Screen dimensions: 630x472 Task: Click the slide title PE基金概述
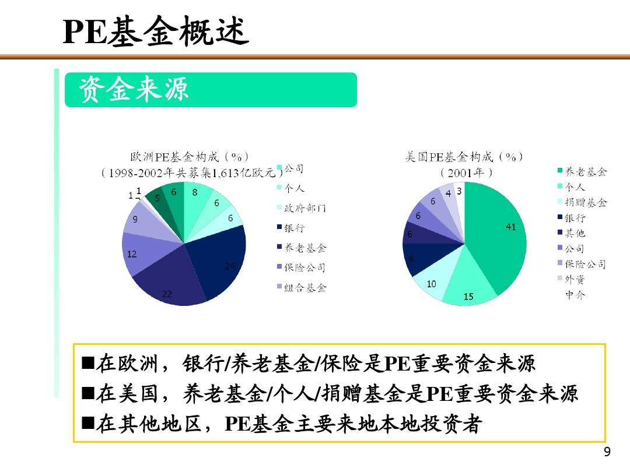(x=156, y=31)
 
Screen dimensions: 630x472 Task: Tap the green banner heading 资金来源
(x=134, y=89)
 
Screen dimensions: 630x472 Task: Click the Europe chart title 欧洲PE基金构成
(x=174, y=157)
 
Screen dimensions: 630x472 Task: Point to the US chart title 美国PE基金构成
(x=449, y=157)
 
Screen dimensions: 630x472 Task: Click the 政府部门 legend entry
(x=302, y=208)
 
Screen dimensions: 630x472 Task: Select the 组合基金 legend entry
(x=302, y=287)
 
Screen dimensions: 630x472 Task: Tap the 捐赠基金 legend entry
(x=582, y=202)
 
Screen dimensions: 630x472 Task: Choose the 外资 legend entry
(x=571, y=279)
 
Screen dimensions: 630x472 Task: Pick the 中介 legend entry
(x=575, y=295)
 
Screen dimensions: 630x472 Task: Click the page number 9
(x=607, y=452)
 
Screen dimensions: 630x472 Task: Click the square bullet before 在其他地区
(x=88, y=423)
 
